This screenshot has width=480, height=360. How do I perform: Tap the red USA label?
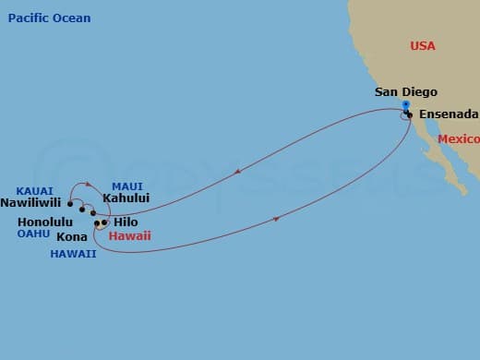pyautogui.click(x=422, y=46)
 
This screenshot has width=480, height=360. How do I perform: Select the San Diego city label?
pyautogui.click(x=405, y=92)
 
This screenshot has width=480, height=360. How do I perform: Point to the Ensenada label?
pyautogui.click(x=449, y=114)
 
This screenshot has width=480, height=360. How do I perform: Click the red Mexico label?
pyautogui.click(x=459, y=139)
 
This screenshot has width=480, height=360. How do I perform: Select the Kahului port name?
pyautogui.click(x=127, y=198)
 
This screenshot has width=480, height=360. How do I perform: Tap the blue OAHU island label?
pyautogui.click(x=32, y=234)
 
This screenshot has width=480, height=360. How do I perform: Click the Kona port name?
pyautogui.click(x=73, y=237)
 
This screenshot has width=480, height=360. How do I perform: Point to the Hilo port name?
pyautogui.click(x=126, y=222)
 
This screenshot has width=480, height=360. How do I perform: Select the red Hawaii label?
pyautogui.click(x=129, y=236)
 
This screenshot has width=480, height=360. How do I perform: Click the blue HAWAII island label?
pyautogui.click(x=74, y=254)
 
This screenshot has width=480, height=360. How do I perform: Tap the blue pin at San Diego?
pyautogui.click(x=405, y=105)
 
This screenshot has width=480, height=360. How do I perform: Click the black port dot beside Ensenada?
pyautogui.click(x=408, y=114)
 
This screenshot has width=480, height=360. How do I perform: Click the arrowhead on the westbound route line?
pyautogui.click(x=240, y=171)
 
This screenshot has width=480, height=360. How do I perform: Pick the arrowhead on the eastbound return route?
pyautogui.click(x=278, y=219)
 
